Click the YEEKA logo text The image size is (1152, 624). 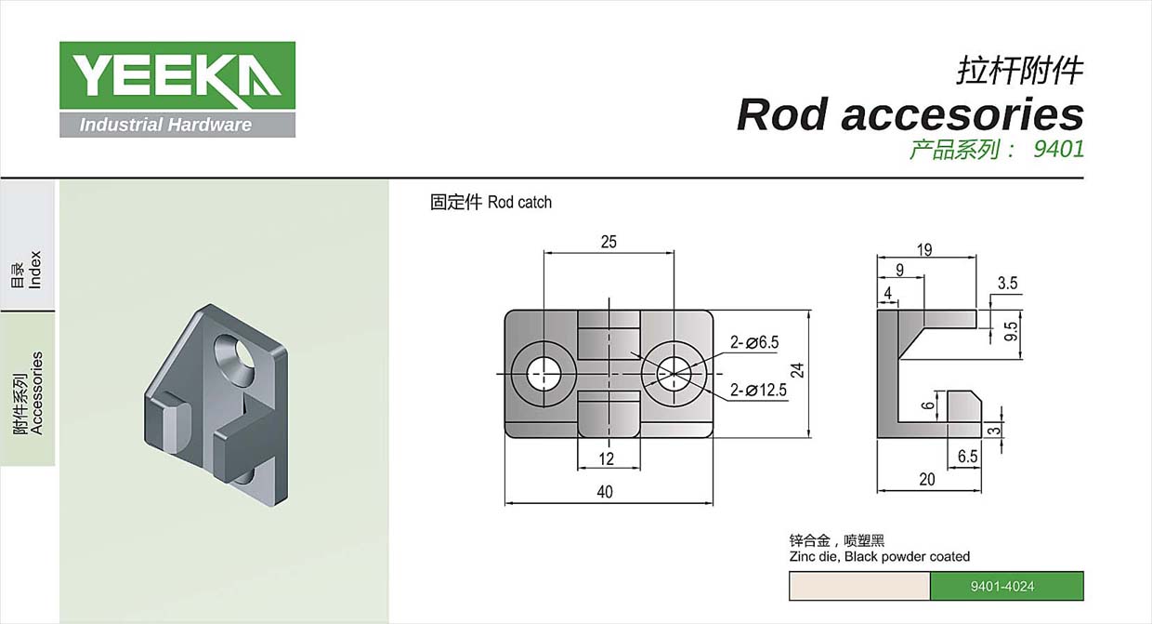[x=177, y=75]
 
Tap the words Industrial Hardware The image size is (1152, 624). [x=165, y=125]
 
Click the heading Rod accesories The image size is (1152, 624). [x=910, y=114]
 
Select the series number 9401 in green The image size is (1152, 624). [x=1059, y=150]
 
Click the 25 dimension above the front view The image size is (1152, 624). [x=609, y=242]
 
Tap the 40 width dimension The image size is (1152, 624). [x=605, y=492]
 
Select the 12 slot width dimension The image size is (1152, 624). [x=607, y=458]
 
